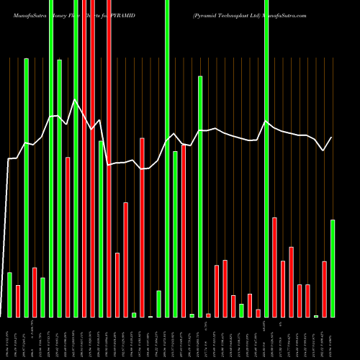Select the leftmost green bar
coord(9,294)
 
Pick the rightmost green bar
coord(333,268)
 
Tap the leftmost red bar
coord(18,301)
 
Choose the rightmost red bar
coord(324,289)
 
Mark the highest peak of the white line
coord(75,99)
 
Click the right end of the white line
coord(332,138)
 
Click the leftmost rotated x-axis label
coord(9,338)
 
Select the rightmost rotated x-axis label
coord(332,338)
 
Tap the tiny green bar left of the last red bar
coord(316,316)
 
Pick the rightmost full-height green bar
coord(266,158)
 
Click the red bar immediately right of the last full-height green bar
coord(274,267)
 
